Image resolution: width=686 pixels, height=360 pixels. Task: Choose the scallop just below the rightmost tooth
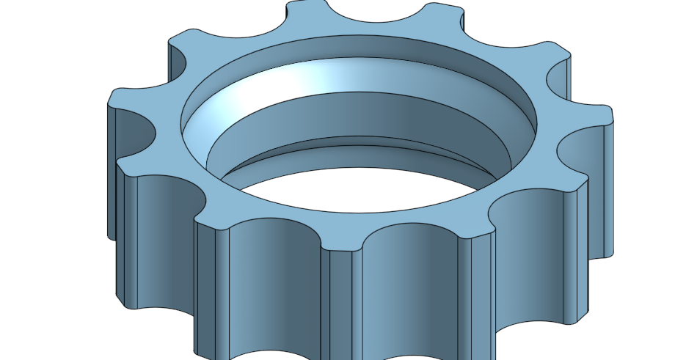[x=580, y=150]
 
